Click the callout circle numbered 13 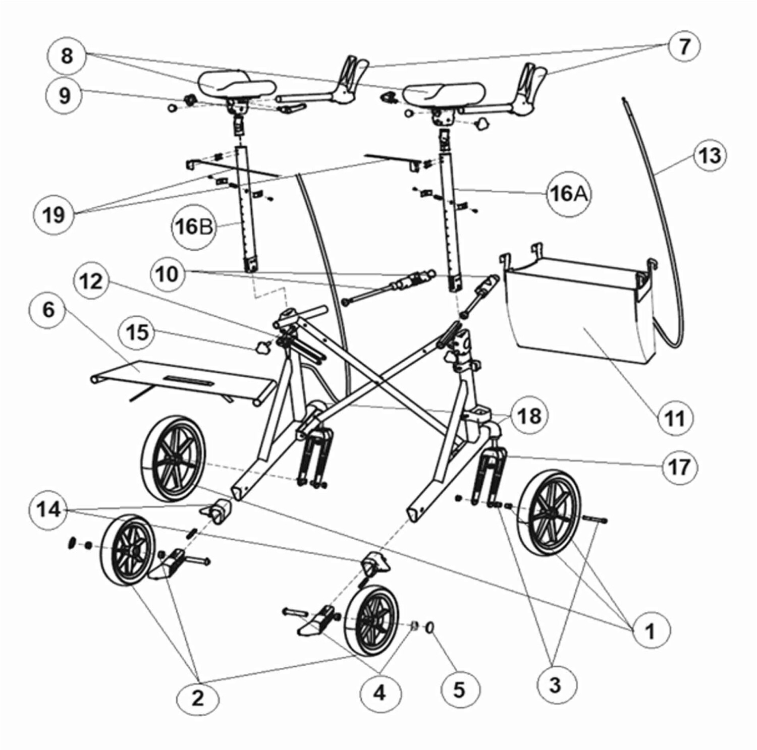tap(709, 155)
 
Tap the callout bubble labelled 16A tap(569, 194)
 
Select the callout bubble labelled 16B tap(193, 226)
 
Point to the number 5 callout tap(459, 689)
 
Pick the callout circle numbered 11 tap(675, 418)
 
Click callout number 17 tap(679, 466)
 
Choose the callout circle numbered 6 tap(48, 309)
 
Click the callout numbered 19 tap(53, 215)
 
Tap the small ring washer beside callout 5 tap(431, 627)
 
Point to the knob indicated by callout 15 tap(263, 346)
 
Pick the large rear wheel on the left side tap(173, 458)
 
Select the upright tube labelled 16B tap(247, 209)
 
